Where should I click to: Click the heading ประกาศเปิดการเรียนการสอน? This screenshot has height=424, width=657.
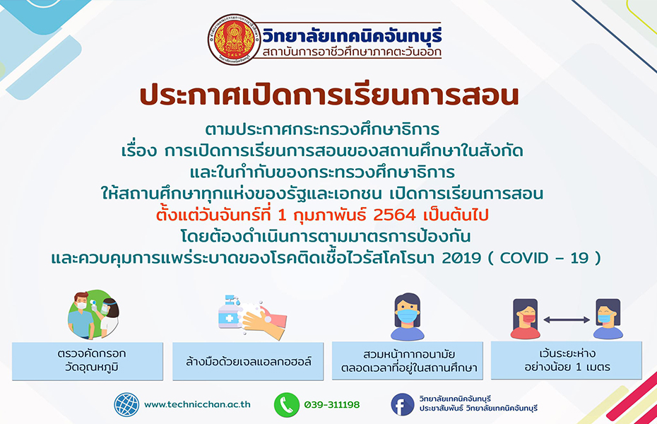click(329, 95)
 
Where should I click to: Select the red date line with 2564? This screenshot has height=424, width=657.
click(322, 215)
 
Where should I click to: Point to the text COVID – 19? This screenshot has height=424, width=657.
click(544, 258)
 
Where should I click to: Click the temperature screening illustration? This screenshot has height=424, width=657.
click(93, 314)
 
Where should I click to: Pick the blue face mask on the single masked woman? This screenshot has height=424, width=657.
click(407, 315)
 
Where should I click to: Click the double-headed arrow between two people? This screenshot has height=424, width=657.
click(567, 319)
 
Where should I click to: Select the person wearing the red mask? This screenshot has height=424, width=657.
click(525, 319)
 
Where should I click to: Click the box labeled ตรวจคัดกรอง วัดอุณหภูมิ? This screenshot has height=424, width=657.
click(88, 361)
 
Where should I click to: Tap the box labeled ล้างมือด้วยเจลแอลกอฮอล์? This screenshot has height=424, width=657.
click(248, 361)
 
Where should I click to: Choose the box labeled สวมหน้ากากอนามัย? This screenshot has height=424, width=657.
click(408, 360)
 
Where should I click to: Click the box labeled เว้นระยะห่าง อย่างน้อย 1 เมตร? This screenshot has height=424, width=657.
click(567, 360)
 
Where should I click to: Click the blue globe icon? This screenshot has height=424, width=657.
click(126, 405)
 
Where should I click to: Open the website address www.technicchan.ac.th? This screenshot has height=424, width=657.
click(197, 405)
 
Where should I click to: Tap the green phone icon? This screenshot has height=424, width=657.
click(287, 405)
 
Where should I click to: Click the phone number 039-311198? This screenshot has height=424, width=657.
click(332, 405)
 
